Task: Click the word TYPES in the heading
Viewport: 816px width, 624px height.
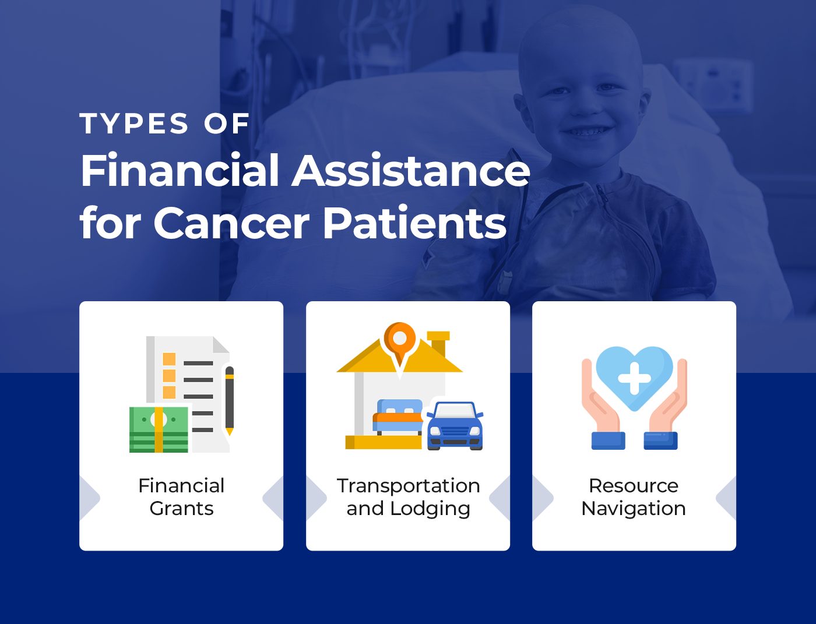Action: (x=134, y=124)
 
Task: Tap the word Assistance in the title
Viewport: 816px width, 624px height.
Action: (x=411, y=171)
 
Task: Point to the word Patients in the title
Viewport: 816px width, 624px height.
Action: (x=415, y=223)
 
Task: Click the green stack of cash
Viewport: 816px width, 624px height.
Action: (x=159, y=429)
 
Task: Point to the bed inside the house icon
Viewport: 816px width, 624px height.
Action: (x=398, y=417)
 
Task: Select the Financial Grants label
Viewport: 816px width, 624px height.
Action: (x=181, y=497)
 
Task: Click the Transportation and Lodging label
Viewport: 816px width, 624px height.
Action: (x=408, y=497)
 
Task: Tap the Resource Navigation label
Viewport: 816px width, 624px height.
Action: (x=634, y=497)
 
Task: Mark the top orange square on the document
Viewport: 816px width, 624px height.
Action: (x=169, y=359)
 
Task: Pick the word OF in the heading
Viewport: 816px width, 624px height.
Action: (x=227, y=124)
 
